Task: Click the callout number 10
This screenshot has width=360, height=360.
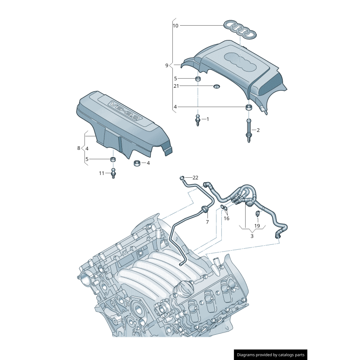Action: coord(175,26)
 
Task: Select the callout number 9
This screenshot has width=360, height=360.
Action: coord(166,65)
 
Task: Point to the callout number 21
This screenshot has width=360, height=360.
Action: coord(176,86)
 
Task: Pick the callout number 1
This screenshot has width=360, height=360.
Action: coord(207,119)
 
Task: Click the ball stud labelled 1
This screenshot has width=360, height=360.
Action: coord(197,120)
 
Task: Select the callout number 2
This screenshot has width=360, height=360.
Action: coord(258,130)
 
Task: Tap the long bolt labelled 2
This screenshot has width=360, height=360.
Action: coord(248,130)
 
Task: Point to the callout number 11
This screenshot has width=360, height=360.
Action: coord(102,173)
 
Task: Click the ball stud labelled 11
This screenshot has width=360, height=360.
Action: coord(113,173)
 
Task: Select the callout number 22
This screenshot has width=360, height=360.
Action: coord(195,178)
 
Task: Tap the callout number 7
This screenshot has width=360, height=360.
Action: coord(207,222)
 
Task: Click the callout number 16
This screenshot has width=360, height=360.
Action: coord(226,218)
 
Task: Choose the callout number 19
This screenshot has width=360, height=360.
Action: coord(257,225)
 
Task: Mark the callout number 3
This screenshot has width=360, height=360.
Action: coord(252,236)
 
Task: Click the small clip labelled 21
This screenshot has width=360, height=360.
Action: coord(216,86)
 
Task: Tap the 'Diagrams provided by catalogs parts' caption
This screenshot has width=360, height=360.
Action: coord(271,355)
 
